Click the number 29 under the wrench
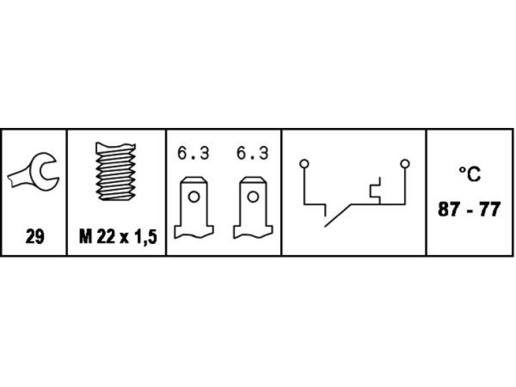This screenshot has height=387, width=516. pyautogui.click(x=35, y=237)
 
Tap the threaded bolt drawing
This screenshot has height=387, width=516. pyautogui.click(x=116, y=172)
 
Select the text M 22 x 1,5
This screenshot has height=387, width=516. pyautogui.click(x=117, y=237)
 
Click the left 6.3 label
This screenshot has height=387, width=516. pyautogui.click(x=193, y=154)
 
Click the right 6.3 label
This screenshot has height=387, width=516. pyautogui.click(x=253, y=154)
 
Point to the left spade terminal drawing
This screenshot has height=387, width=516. pyautogui.click(x=194, y=207)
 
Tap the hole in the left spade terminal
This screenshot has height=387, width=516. pyautogui.click(x=193, y=197)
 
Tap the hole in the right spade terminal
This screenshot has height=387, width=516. pyautogui.click(x=253, y=197)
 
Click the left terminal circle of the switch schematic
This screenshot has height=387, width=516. pyautogui.click(x=304, y=164)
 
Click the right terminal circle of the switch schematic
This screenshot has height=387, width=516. pyautogui.click(x=405, y=164)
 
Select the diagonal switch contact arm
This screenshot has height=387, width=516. pyautogui.click(x=339, y=215)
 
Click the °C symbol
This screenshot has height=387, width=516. pyautogui.click(x=469, y=174)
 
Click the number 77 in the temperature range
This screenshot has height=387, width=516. pyautogui.click(x=489, y=210)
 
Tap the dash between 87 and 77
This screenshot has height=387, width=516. pyautogui.click(x=469, y=210)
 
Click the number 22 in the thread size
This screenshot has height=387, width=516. pyautogui.click(x=105, y=237)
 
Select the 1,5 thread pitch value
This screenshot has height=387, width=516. pyautogui.click(x=145, y=237)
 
